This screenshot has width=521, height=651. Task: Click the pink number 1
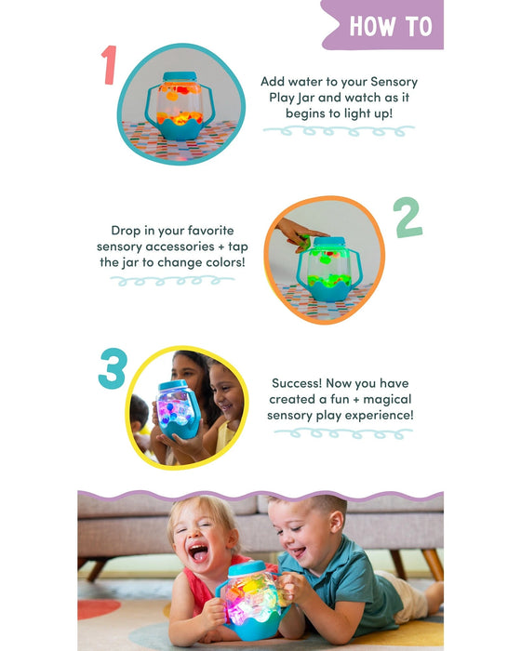point(109,65)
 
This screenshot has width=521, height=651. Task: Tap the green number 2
point(407,217)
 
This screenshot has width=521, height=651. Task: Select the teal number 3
point(113,368)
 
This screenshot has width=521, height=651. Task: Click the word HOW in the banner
point(372,26)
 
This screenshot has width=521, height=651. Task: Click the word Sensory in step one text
point(394,82)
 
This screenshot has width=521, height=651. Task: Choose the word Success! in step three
point(297,383)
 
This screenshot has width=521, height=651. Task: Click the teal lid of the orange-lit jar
point(180,77)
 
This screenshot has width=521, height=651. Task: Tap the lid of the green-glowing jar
point(329,242)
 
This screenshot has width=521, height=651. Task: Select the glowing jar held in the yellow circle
point(179,409)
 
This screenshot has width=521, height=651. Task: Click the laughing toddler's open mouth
point(198,553)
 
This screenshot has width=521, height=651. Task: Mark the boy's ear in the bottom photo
point(336,523)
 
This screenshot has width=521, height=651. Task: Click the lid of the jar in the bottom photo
point(247,568)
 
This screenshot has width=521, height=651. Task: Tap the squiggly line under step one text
point(339,131)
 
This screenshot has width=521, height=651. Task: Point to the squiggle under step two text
point(172,281)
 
